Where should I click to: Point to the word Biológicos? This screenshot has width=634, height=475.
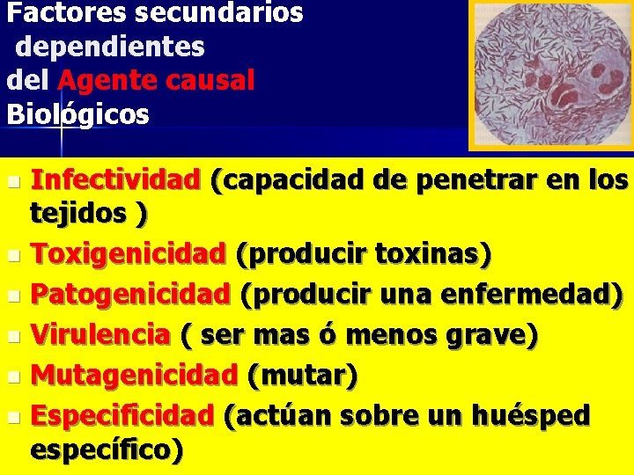tap(77, 114)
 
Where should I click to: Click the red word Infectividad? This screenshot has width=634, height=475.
tap(115, 181)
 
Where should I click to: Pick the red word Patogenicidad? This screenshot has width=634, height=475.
tap(130, 292)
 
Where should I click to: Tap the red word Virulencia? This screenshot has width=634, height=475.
tap(100, 335)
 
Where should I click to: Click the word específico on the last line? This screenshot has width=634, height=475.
tap(104, 450)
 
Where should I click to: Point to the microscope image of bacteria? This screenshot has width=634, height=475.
tap(550, 74)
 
